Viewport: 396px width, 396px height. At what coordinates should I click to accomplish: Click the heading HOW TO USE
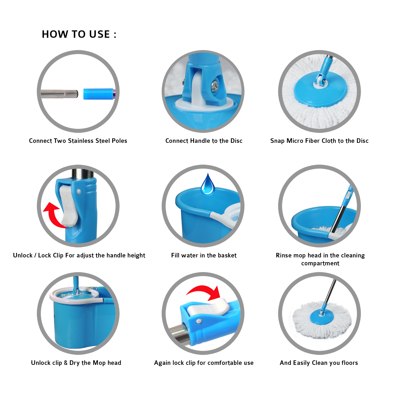pyautogui.click(x=79, y=34)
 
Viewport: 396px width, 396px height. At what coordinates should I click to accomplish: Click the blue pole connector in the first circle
pyautogui.click(x=100, y=94)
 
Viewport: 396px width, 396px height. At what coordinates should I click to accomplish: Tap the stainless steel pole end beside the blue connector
pyautogui.click(x=59, y=94)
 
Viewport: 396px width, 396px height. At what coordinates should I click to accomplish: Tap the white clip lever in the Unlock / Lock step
pyautogui.click(x=68, y=206)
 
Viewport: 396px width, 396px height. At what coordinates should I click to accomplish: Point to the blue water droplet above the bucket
pyautogui.click(x=208, y=185)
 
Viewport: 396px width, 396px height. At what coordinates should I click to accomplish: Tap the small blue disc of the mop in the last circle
pyautogui.click(x=322, y=317)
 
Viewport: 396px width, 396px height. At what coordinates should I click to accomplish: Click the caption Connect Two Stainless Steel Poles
pyautogui.click(x=78, y=141)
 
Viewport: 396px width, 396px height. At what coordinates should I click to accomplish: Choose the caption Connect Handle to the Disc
pyautogui.click(x=204, y=141)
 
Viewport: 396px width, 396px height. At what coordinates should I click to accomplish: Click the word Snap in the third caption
pyautogui.click(x=277, y=141)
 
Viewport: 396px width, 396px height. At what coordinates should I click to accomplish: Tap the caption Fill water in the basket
pyautogui.click(x=204, y=256)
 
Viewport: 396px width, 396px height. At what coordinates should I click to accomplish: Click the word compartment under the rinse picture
pyautogui.click(x=320, y=263)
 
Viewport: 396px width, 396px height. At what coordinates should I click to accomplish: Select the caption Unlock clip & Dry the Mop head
pyautogui.click(x=76, y=363)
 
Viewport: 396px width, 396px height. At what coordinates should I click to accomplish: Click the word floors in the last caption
pyautogui.click(x=350, y=363)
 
